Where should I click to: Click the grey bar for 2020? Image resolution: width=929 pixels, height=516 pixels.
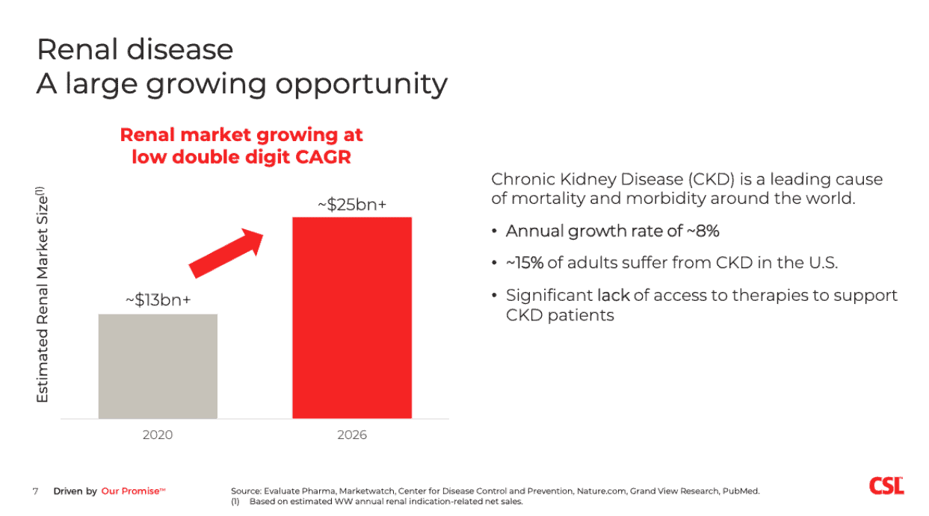tap(158, 366)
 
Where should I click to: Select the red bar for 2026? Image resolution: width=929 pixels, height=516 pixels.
tap(351, 317)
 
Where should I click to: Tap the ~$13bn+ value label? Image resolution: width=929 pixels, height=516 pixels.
tap(158, 300)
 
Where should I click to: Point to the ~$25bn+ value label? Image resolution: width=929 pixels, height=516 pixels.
tap(351, 204)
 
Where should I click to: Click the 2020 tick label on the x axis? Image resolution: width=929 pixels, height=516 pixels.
tap(158, 435)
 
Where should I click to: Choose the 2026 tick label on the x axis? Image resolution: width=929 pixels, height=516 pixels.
tap(351, 435)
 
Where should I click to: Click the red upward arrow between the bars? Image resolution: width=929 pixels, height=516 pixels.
tap(227, 252)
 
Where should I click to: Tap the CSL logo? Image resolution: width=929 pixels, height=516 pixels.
tap(886, 486)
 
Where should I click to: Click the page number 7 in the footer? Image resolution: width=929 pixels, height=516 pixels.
tap(35, 491)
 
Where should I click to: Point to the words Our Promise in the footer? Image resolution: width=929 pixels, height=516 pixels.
tap(130, 491)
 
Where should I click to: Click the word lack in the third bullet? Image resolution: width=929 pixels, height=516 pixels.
tap(613, 296)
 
